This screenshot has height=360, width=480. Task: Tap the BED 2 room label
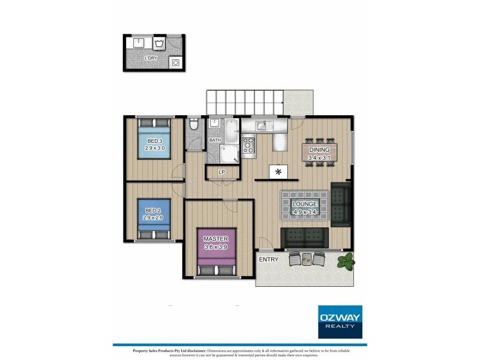click(x=154, y=211)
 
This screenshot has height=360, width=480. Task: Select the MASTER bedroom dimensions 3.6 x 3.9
click(x=215, y=246)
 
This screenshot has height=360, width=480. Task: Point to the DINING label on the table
click(x=319, y=150)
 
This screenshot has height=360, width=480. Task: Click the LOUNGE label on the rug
click(x=305, y=205)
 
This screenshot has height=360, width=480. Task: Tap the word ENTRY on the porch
click(x=269, y=259)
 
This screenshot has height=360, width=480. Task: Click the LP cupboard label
click(x=221, y=173)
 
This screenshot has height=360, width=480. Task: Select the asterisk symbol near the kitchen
click(x=278, y=173)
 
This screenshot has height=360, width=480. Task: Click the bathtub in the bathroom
click(x=230, y=128)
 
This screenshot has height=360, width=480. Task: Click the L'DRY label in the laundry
click(x=151, y=58)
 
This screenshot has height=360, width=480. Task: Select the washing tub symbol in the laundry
click(x=160, y=44)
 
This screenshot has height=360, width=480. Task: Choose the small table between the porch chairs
click(x=307, y=259)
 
